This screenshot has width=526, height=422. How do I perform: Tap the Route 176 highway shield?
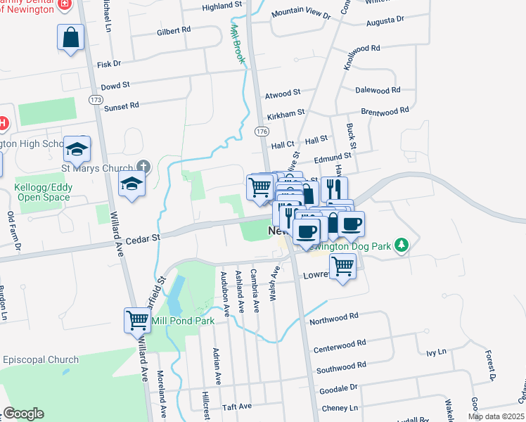click(262, 132)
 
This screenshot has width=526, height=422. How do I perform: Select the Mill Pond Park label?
click(184, 321)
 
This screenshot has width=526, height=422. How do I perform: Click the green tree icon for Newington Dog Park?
click(402, 245)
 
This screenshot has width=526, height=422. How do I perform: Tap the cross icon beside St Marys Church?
click(143, 167)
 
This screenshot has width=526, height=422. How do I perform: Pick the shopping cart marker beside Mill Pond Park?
click(137, 320)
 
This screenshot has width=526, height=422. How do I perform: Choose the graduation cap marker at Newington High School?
click(77, 149)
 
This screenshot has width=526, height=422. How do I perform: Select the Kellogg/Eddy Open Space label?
click(42, 193)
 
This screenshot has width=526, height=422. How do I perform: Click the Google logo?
click(23, 414)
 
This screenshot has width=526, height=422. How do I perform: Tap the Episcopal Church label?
click(41, 359)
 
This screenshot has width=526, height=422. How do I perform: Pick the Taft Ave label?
click(236, 407)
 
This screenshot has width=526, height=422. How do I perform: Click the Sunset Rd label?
click(122, 105)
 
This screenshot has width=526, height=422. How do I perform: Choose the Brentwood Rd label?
click(384, 111)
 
